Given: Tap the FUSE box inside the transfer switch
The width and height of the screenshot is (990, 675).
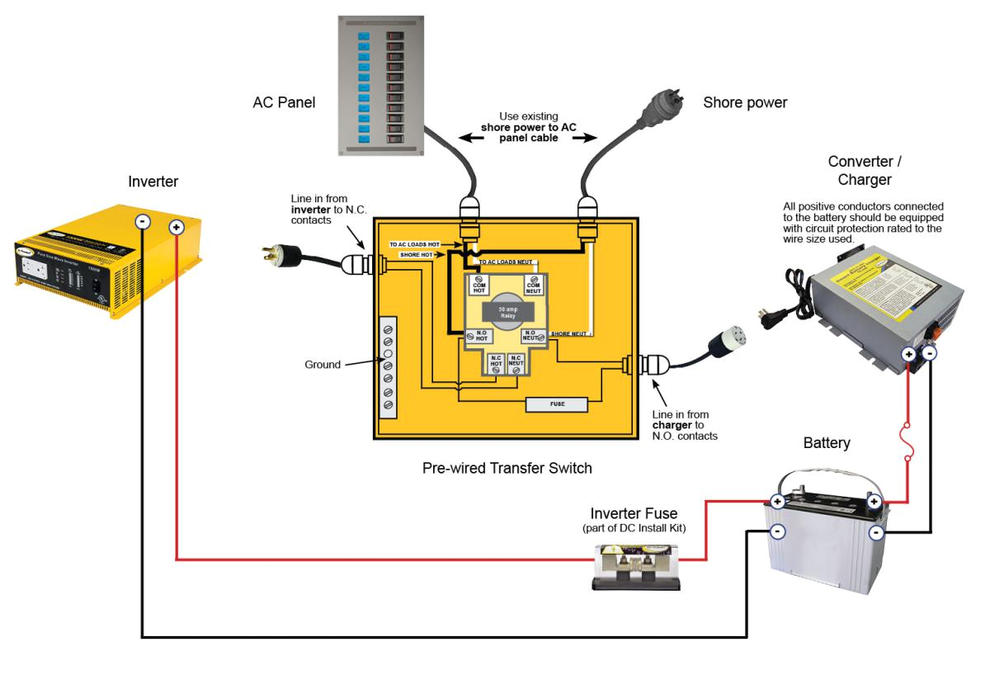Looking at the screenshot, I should pos(556,404).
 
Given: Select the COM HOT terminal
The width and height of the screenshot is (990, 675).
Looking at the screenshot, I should pos(478,284).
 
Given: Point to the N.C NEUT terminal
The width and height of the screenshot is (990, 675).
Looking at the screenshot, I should pos(516,365).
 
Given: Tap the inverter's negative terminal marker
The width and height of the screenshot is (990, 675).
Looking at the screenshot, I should pos(142,221).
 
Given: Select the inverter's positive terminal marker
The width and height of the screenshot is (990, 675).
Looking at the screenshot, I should pos(176,227).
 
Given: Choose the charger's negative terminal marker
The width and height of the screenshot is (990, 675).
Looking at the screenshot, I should pos(930,353).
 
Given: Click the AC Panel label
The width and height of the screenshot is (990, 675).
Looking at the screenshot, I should pos(285,102).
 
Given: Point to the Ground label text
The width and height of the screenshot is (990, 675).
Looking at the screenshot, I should pos(323,364).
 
